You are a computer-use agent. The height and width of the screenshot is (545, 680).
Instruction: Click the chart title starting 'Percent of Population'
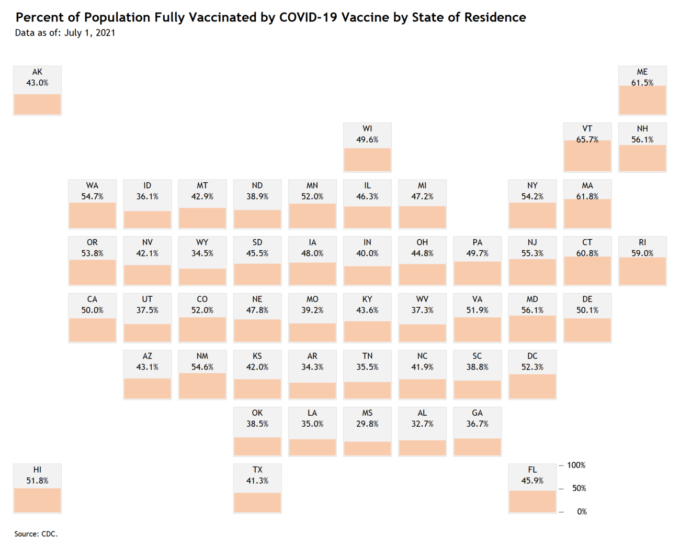pos(270,17)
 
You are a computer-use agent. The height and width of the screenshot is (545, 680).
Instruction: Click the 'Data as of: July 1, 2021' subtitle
pos(65,32)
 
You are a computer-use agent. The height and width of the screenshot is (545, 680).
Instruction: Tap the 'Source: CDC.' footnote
pos(36,533)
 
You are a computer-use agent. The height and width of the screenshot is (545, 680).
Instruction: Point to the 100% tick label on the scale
pos(576,465)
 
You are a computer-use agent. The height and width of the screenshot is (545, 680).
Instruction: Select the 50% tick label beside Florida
pos(579,488)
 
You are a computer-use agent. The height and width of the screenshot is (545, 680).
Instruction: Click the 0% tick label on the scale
pos(581,511)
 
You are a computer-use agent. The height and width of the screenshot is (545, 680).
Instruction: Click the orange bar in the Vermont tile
pos(587,155)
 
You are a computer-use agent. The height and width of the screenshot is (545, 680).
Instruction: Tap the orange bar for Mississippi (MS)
pos(367,448)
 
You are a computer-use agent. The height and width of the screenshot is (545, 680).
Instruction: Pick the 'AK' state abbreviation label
pos(37,72)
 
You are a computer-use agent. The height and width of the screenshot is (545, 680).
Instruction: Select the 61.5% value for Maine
pos(642,83)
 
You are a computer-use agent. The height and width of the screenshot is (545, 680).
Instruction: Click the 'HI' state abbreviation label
pos(37,470)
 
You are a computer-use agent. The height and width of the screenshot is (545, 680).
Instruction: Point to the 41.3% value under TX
pos(257,480)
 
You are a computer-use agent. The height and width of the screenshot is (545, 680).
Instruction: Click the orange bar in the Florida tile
pos(532,501)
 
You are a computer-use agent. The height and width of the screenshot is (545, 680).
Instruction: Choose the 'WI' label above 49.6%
pos(367,128)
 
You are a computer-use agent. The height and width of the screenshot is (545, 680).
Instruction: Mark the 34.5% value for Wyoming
pos(202,253)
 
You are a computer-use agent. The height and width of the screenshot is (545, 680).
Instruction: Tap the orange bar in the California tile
pos(92,330)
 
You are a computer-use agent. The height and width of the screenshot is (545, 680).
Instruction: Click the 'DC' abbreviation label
pos(532,356)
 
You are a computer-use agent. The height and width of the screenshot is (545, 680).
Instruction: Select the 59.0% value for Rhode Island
pos(642,253)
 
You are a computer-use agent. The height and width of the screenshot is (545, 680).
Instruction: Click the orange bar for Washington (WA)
pos(92,215)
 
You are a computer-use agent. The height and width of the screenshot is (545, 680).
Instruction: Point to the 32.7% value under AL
pos(422,424)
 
